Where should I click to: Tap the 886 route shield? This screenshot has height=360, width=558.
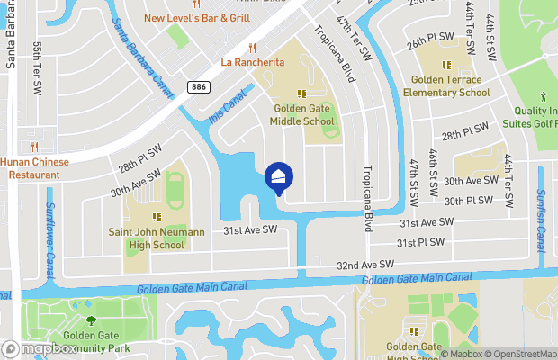click(200, 86)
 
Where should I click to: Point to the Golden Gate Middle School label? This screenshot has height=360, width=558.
click(304, 115)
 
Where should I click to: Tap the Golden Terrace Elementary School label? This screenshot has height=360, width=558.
click(446, 85)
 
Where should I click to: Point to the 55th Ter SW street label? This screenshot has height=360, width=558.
click(38, 69)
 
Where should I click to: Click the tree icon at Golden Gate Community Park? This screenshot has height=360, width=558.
click(90, 319)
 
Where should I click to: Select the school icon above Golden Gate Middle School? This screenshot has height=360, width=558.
click(303, 93)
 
